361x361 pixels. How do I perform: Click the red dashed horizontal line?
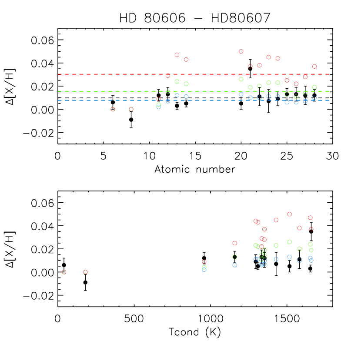pyautogui.click(x=109, y=74)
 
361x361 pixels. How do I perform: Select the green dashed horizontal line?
pyautogui.click(x=109, y=91)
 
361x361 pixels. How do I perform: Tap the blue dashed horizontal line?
pyautogui.click(x=109, y=100)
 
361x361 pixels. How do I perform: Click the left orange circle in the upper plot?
pyautogui.click(x=113, y=109)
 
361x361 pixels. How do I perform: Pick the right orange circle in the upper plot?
pyautogui.click(x=131, y=109)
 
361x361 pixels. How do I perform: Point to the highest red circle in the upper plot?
pyautogui.click(x=241, y=51)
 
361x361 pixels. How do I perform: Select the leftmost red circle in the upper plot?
pyautogui.click(x=158, y=99)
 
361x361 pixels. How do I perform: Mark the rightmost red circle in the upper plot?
pyautogui.click(x=314, y=67)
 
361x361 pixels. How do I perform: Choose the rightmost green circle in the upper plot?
pyautogui.click(x=314, y=87)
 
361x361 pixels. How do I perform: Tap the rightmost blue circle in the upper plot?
pyautogui.click(x=314, y=98)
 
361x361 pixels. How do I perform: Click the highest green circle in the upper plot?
pyautogui.click(x=241, y=79)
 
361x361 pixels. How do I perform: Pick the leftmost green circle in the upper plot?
pyautogui.click(x=158, y=104)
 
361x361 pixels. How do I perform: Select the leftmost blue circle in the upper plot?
pyautogui.click(x=158, y=107)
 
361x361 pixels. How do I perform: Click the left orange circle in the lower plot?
pyautogui.click(x=64, y=272)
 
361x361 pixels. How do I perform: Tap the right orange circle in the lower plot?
pyautogui.click(x=85, y=272)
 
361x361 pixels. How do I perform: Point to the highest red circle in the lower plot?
pyautogui.click(x=289, y=214)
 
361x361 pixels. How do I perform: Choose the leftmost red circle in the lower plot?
pyautogui.click(x=204, y=262)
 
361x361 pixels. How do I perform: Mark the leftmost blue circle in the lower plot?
pyautogui.click(x=204, y=270)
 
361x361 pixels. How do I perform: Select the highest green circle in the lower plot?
pyautogui.click(x=289, y=242)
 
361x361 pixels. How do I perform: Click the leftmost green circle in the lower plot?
pyautogui.click(x=204, y=267)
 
